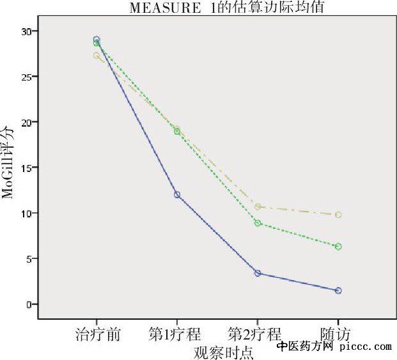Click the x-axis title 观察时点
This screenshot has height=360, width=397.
[x=222, y=352]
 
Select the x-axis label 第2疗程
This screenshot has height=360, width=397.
[x=254, y=334]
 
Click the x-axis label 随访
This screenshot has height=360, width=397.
[x=337, y=334]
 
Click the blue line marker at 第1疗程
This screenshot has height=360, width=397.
[x=177, y=194]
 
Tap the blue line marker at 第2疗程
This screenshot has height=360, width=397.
[x=258, y=273]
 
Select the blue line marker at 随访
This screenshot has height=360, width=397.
[x=338, y=290]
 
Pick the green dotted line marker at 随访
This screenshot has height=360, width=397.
[x=338, y=246]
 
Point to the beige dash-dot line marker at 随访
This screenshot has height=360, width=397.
[x=338, y=215]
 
